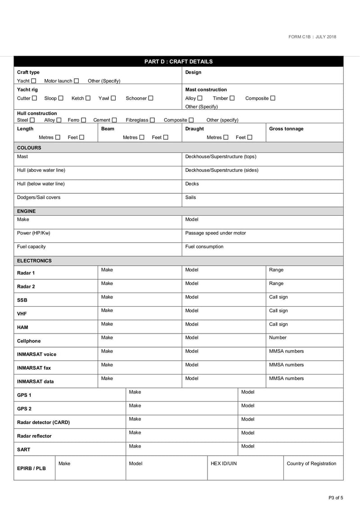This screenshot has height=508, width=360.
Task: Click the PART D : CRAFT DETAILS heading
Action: pos(178,62)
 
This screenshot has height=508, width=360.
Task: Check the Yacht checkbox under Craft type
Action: pos(34,81)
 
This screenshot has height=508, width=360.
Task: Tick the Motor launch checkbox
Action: pos(76,81)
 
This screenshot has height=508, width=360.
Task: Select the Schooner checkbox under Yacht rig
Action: pos(151,98)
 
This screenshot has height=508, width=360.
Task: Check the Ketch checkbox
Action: pos(88,98)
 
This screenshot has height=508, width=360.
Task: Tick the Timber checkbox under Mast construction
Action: pos(232,98)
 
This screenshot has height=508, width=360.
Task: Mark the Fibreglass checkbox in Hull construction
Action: pos(153,120)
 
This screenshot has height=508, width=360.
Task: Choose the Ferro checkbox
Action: pos(84,120)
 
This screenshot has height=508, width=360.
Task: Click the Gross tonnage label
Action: pos(286,129)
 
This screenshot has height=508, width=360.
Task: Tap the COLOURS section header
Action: pos(29,147)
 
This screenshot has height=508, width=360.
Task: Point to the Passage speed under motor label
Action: pos(216,233)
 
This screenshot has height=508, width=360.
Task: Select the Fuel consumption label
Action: pos(204,247)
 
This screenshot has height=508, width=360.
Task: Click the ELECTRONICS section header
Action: pos(34,261)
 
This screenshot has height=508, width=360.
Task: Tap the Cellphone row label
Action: pos(29,341)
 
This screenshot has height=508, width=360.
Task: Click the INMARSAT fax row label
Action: pos(34,368)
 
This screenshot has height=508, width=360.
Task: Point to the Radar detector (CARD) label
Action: pos(43,423)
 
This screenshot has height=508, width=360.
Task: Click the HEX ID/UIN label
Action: pos(224,464)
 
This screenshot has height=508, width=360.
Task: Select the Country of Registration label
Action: pos(311,464)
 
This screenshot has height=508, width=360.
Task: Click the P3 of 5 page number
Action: pos(336,498)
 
